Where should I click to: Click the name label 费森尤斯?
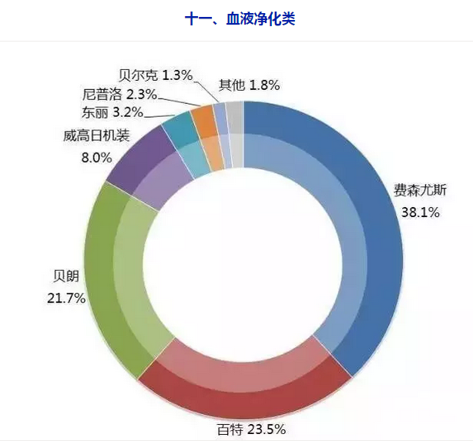point(415,190)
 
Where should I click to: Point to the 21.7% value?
point(66,298)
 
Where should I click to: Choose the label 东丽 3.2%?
point(112,112)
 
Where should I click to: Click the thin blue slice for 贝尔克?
point(220,113)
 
